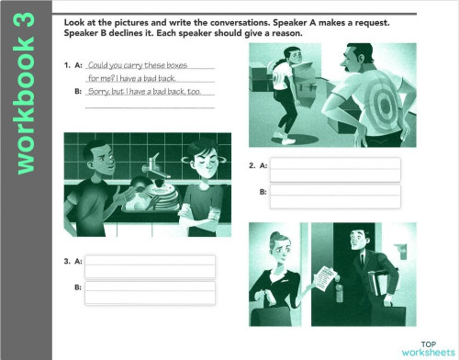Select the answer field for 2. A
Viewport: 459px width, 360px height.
(x=335, y=170)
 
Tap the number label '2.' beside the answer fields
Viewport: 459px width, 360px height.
(x=252, y=165)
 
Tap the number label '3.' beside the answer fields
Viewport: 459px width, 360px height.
(x=67, y=262)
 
